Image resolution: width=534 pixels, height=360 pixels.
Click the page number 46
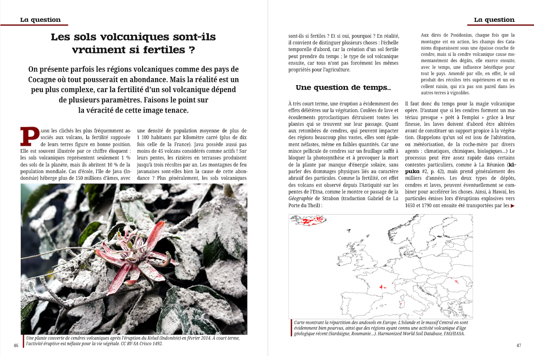(x=16, y=345)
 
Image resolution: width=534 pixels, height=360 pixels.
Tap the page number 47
(x=518, y=345)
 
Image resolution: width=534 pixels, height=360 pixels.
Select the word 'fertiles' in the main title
(x=163, y=50)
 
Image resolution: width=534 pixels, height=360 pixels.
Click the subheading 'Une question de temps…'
(x=343, y=88)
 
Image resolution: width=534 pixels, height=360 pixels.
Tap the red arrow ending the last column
(x=512, y=206)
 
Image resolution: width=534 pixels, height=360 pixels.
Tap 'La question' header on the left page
(x=40, y=20)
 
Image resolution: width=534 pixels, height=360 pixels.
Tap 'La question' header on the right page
(x=494, y=20)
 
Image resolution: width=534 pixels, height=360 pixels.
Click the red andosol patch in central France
(x=383, y=287)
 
